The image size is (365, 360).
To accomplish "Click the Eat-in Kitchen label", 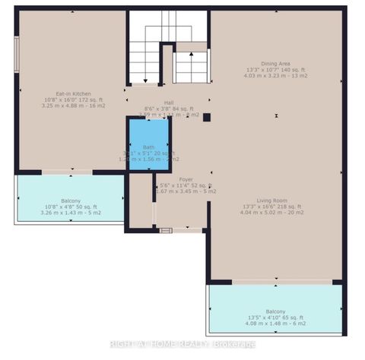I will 70,93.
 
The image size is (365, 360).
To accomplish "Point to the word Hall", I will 169,102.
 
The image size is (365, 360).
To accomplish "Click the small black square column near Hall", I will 206,116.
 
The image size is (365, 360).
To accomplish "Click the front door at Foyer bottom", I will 166,229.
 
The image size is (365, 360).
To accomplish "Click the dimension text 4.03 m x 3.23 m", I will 275,76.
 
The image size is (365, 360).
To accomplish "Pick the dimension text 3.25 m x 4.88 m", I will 70,106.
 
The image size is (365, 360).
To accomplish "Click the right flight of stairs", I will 192,66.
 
